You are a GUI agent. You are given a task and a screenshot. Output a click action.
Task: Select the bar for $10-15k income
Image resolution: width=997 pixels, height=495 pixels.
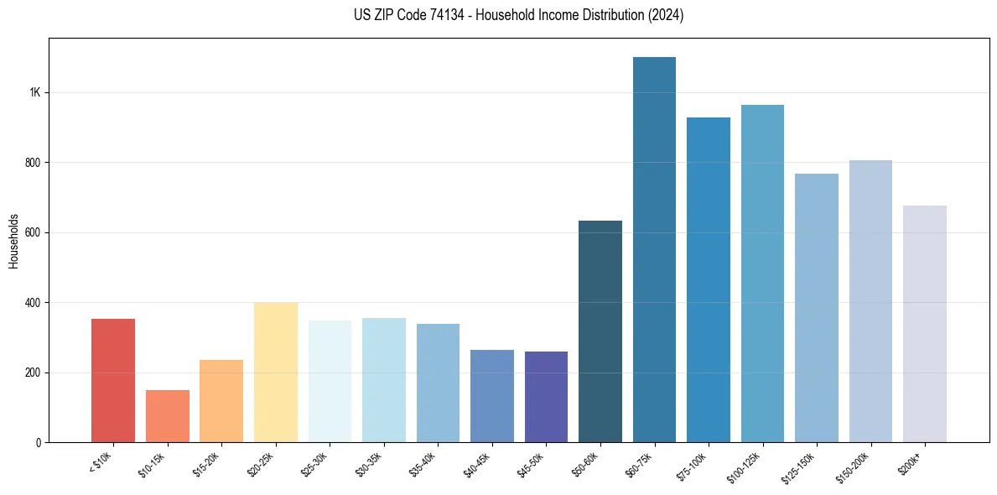[168, 416]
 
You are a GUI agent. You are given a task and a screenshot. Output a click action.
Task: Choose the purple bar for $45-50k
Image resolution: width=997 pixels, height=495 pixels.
[546, 397]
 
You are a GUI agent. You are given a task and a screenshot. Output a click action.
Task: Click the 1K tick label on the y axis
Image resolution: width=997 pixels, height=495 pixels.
[34, 92]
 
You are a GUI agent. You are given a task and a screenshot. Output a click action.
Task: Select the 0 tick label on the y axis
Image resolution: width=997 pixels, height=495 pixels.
[38, 442]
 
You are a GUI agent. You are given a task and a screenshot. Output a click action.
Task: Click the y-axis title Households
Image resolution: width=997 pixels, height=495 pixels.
[13, 240]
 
